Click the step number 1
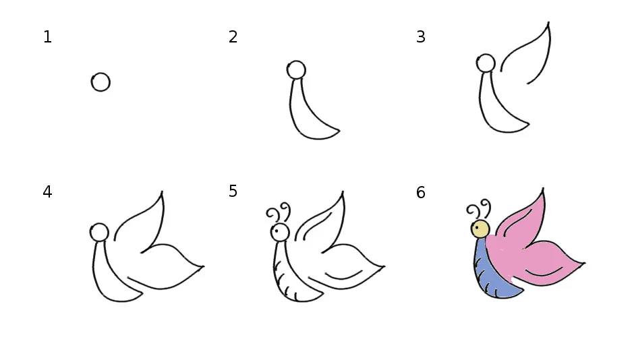(47, 37)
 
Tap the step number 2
(233, 37)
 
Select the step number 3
(421, 37)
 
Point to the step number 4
(47, 192)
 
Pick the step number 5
(233, 191)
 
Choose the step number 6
(421, 192)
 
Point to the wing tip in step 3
(548, 22)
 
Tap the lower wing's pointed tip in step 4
(203, 266)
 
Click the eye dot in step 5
(277, 231)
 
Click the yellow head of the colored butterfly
(480, 229)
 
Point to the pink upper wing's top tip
(543, 189)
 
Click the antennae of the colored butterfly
(478, 209)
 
